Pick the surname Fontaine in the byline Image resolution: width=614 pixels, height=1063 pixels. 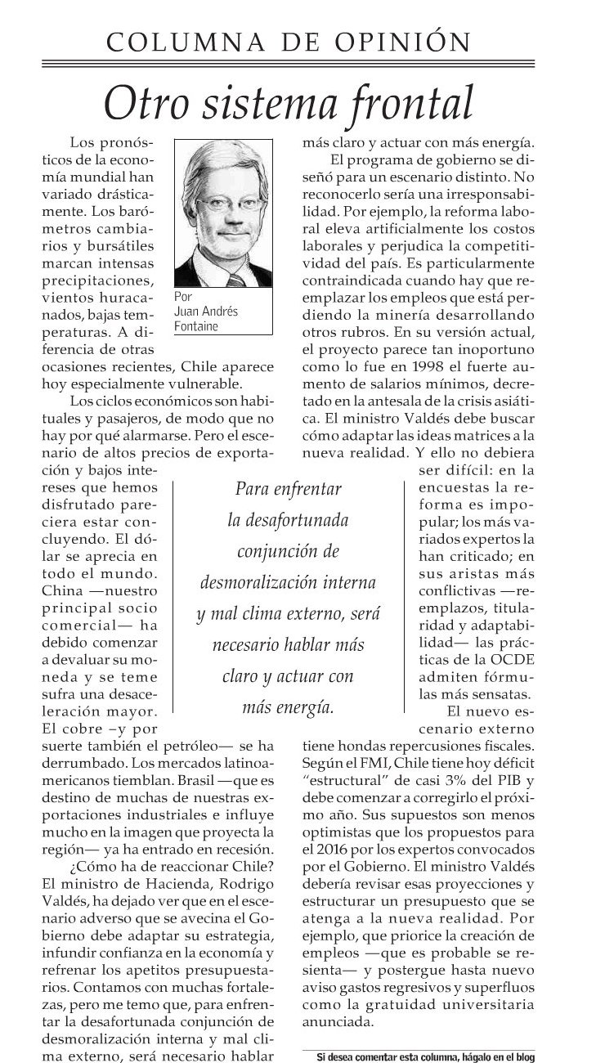click(x=197, y=326)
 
